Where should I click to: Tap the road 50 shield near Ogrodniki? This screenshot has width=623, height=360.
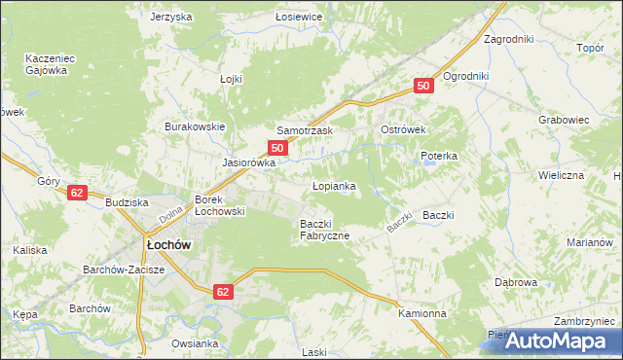422,87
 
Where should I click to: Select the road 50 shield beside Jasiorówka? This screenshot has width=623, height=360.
278,148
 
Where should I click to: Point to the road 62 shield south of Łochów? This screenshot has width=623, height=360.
223,291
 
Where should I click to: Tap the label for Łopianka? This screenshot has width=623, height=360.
333,185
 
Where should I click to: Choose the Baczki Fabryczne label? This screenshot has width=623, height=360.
325,230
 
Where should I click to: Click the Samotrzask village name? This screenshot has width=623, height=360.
306,130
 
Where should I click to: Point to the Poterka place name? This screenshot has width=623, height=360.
438,156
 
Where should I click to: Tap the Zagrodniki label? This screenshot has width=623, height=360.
509,40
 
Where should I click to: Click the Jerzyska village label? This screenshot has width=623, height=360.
171,18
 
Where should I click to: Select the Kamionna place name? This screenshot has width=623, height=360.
422,314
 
